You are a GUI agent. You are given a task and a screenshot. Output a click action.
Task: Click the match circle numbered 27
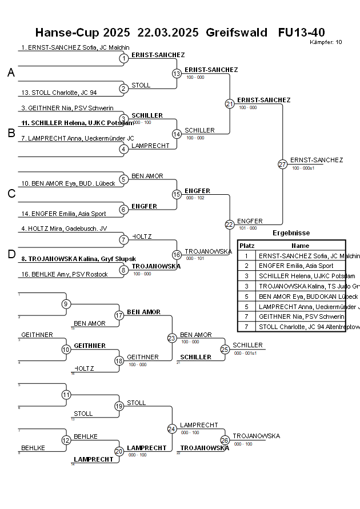[x=282, y=164]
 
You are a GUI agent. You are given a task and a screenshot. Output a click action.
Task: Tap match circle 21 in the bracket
[x=230, y=103]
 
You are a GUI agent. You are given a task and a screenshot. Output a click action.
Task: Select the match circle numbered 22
[x=230, y=225]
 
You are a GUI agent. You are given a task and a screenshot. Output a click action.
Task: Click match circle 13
[x=177, y=73]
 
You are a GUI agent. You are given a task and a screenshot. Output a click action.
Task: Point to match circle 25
[x=225, y=349]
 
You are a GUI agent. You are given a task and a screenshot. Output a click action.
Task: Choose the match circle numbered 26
[x=225, y=440]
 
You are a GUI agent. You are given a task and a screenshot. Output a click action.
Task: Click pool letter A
[x=11, y=73]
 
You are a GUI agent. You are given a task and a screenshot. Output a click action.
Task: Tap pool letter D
[x=11, y=254]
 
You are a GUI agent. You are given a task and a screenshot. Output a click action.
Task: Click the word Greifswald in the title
[x=236, y=33]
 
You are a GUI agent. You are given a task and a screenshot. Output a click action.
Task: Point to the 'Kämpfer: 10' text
[x=326, y=42]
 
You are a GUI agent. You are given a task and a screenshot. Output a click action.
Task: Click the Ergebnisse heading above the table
[x=291, y=233]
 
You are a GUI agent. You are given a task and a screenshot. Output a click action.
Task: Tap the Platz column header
[x=247, y=245]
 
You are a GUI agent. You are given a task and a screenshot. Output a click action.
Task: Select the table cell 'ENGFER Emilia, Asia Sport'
[x=296, y=266]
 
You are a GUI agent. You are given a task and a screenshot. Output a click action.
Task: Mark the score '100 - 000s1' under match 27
[x=303, y=168]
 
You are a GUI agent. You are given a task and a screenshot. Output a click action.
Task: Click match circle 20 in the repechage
[x=119, y=451]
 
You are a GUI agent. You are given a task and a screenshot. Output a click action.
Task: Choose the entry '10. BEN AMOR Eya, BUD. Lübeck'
[x=68, y=183]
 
